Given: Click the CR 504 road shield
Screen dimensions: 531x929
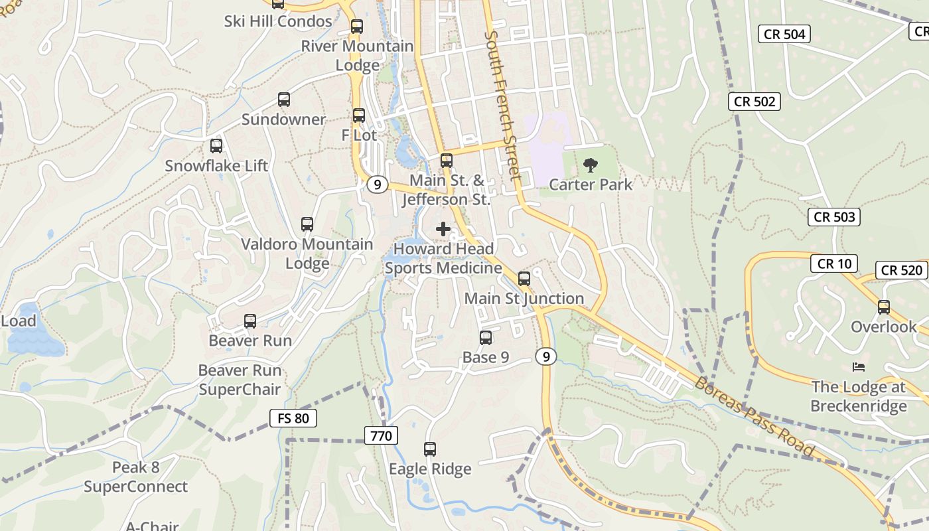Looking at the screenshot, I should tap(784, 35).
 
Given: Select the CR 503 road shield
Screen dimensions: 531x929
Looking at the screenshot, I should tap(833, 216).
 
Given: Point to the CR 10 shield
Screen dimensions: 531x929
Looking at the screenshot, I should tap(834, 264).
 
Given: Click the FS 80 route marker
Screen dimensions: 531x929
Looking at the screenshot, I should tap(293, 418).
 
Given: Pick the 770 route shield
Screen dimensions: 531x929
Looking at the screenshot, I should tap(381, 435).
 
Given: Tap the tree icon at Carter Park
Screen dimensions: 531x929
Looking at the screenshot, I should tap(590, 165).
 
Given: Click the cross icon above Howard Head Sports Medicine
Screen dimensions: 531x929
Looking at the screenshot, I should tap(443, 229).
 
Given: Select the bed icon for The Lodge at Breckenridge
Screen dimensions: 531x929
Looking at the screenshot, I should tap(859, 367).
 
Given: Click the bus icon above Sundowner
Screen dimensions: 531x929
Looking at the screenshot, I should tap(284, 100).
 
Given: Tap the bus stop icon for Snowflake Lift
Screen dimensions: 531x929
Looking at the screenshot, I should tap(216, 146).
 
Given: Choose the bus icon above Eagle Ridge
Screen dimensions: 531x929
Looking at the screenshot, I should tap(430, 449).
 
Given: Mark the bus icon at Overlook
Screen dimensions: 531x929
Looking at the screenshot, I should tap(883, 307).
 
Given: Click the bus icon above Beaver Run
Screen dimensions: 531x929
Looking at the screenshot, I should tap(250, 321).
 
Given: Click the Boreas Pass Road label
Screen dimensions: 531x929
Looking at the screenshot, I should tap(754, 416).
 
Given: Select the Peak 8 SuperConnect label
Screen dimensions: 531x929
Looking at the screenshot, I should tap(136, 477).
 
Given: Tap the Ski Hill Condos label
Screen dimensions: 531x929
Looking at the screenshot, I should tap(278, 21).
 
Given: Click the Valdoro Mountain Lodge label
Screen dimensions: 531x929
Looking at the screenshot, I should tap(307, 254).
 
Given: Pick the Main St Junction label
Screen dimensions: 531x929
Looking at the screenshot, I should tap(524, 299).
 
